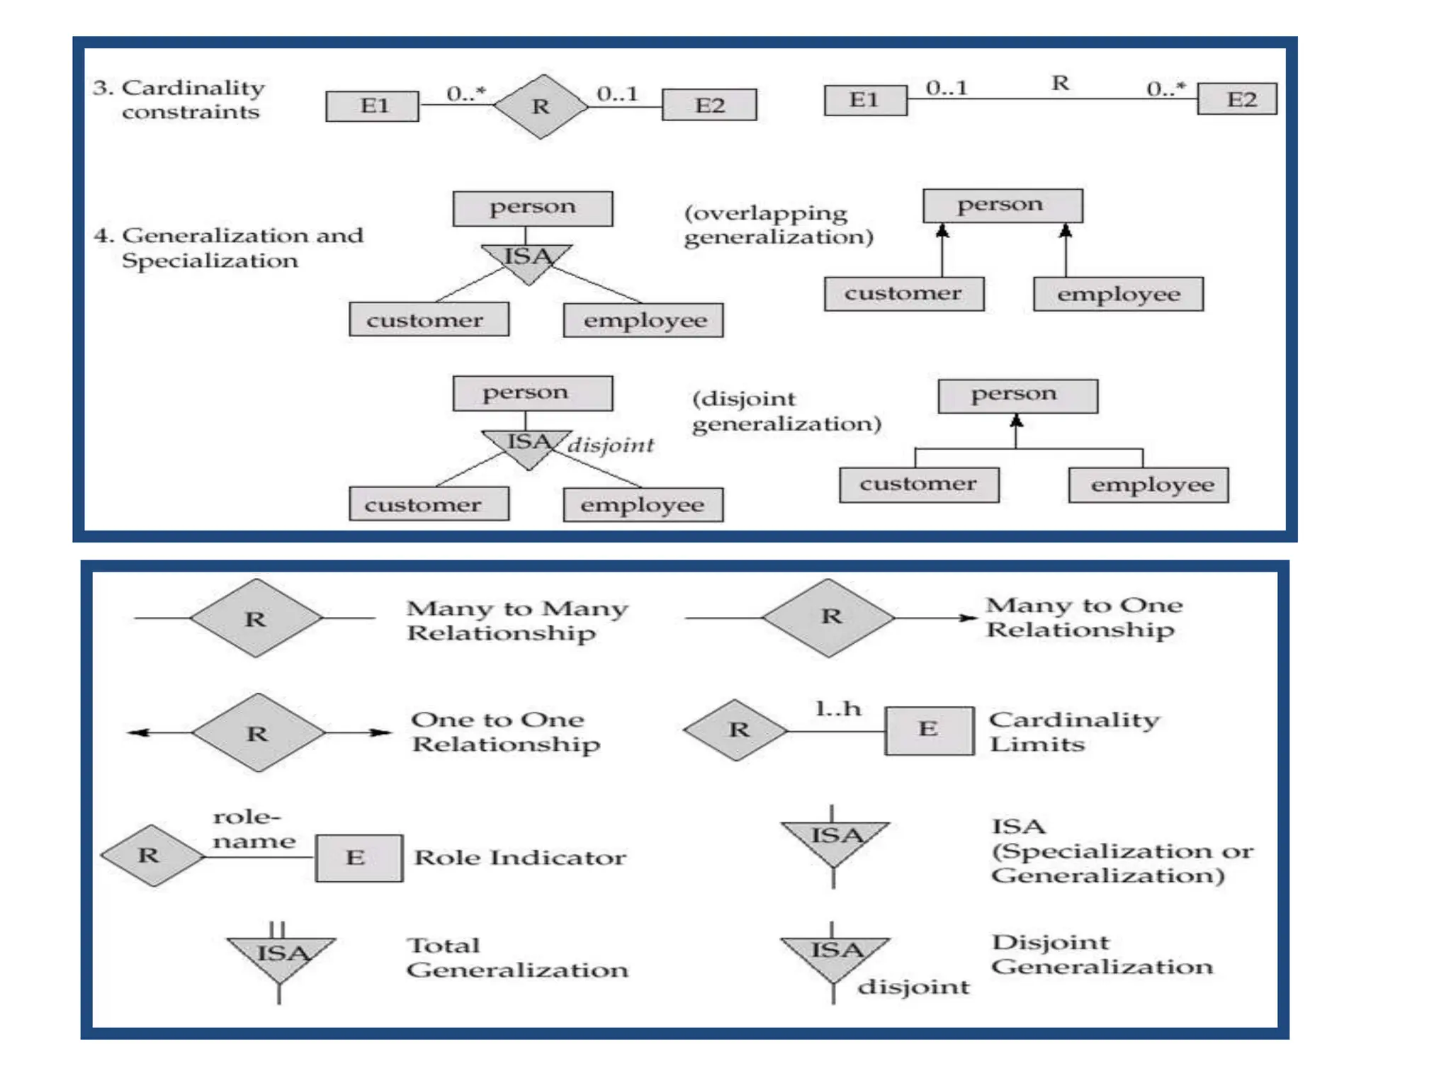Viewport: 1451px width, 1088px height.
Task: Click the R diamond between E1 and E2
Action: [x=541, y=106]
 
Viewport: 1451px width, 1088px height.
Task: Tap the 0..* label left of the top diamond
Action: [x=466, y=93]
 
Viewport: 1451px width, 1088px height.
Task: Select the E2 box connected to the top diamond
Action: [x=709, y=105]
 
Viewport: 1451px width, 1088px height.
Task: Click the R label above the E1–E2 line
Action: [x=1060, y=84]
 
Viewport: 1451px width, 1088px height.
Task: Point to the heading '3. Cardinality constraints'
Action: [x=179, y=99]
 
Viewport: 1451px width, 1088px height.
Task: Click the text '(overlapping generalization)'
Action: [x=778, y=225]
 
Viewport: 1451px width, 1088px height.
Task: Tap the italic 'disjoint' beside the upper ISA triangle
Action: [x=611, y=446]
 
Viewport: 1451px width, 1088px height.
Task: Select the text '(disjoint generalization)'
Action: [x=786, y=411]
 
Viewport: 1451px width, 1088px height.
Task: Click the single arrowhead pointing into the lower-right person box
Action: [x=1017, y=421]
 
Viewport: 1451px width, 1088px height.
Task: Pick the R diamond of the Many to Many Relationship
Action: [x=256, y=618]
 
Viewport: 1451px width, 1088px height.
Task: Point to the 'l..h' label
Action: [x=838, y=708]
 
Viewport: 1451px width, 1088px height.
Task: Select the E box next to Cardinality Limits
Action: [x=929, y=730]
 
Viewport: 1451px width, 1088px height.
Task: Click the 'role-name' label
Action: [x=253, y=829]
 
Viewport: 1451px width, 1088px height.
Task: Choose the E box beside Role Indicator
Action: [x=358, y=858]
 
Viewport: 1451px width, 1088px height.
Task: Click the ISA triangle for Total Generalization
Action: [x=281, y=957]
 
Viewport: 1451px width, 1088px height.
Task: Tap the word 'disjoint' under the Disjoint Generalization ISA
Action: [x=913, y=987]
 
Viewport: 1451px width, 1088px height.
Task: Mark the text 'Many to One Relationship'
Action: [x=1083, y=617]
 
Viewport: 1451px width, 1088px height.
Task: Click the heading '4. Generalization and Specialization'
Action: [x=228, y=247]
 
